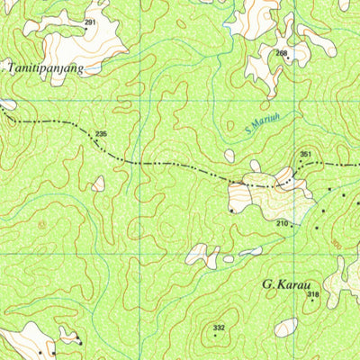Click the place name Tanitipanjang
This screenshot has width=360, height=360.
(45, 67)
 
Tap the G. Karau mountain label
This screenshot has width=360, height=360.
(286, 284)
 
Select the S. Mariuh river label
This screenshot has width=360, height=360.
(261, 130)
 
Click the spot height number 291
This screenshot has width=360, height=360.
(90, 22)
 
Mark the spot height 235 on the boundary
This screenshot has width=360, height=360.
(101, 134)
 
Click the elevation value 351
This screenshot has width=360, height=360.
(306, 155)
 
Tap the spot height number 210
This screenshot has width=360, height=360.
(282, 223)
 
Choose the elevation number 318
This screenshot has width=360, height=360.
(312, 294)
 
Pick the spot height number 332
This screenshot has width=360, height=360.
(219, 328)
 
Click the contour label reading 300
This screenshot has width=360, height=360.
(336, 243)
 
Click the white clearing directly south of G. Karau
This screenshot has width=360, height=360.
(286, 327)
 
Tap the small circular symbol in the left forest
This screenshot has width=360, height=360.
(40, 222)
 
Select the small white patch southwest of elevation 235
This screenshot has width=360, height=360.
(97, 184)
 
